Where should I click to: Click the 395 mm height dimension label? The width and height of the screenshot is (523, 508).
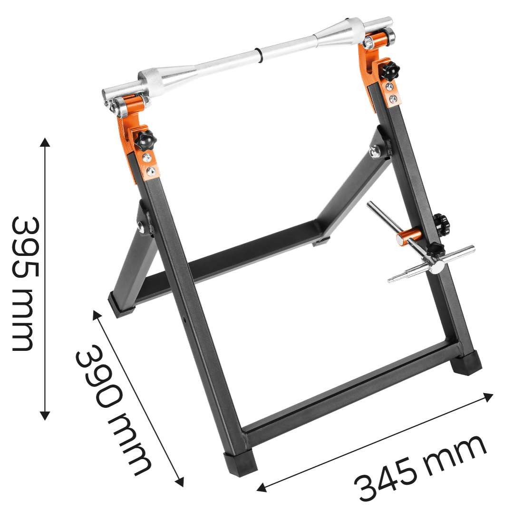[x=25, y=283]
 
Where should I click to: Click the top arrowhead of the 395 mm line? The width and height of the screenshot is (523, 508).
[x=45, y=141]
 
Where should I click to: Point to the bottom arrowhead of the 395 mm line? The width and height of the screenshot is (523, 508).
[x=45, y=415]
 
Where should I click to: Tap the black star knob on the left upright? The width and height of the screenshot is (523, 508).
[x=146, y=140]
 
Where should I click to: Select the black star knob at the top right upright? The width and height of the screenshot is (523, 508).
[x=390, y=70]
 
